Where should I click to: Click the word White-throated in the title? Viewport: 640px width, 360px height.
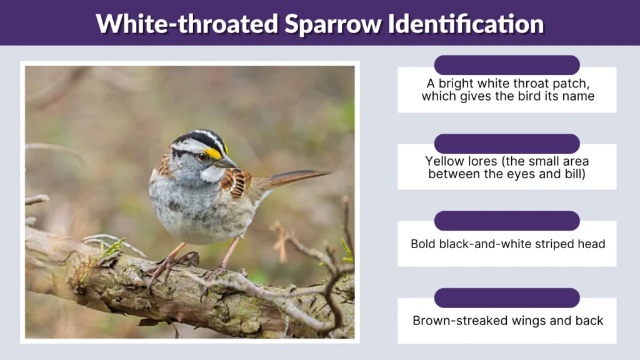(186, 24)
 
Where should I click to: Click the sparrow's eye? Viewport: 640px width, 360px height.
(203, 156)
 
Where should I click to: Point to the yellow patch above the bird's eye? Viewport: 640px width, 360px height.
(214, 152)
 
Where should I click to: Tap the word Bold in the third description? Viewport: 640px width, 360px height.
(422, 244)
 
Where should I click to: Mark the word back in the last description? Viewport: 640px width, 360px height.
(590, 321)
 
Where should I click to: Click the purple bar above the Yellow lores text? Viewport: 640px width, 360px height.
(507, 143)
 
